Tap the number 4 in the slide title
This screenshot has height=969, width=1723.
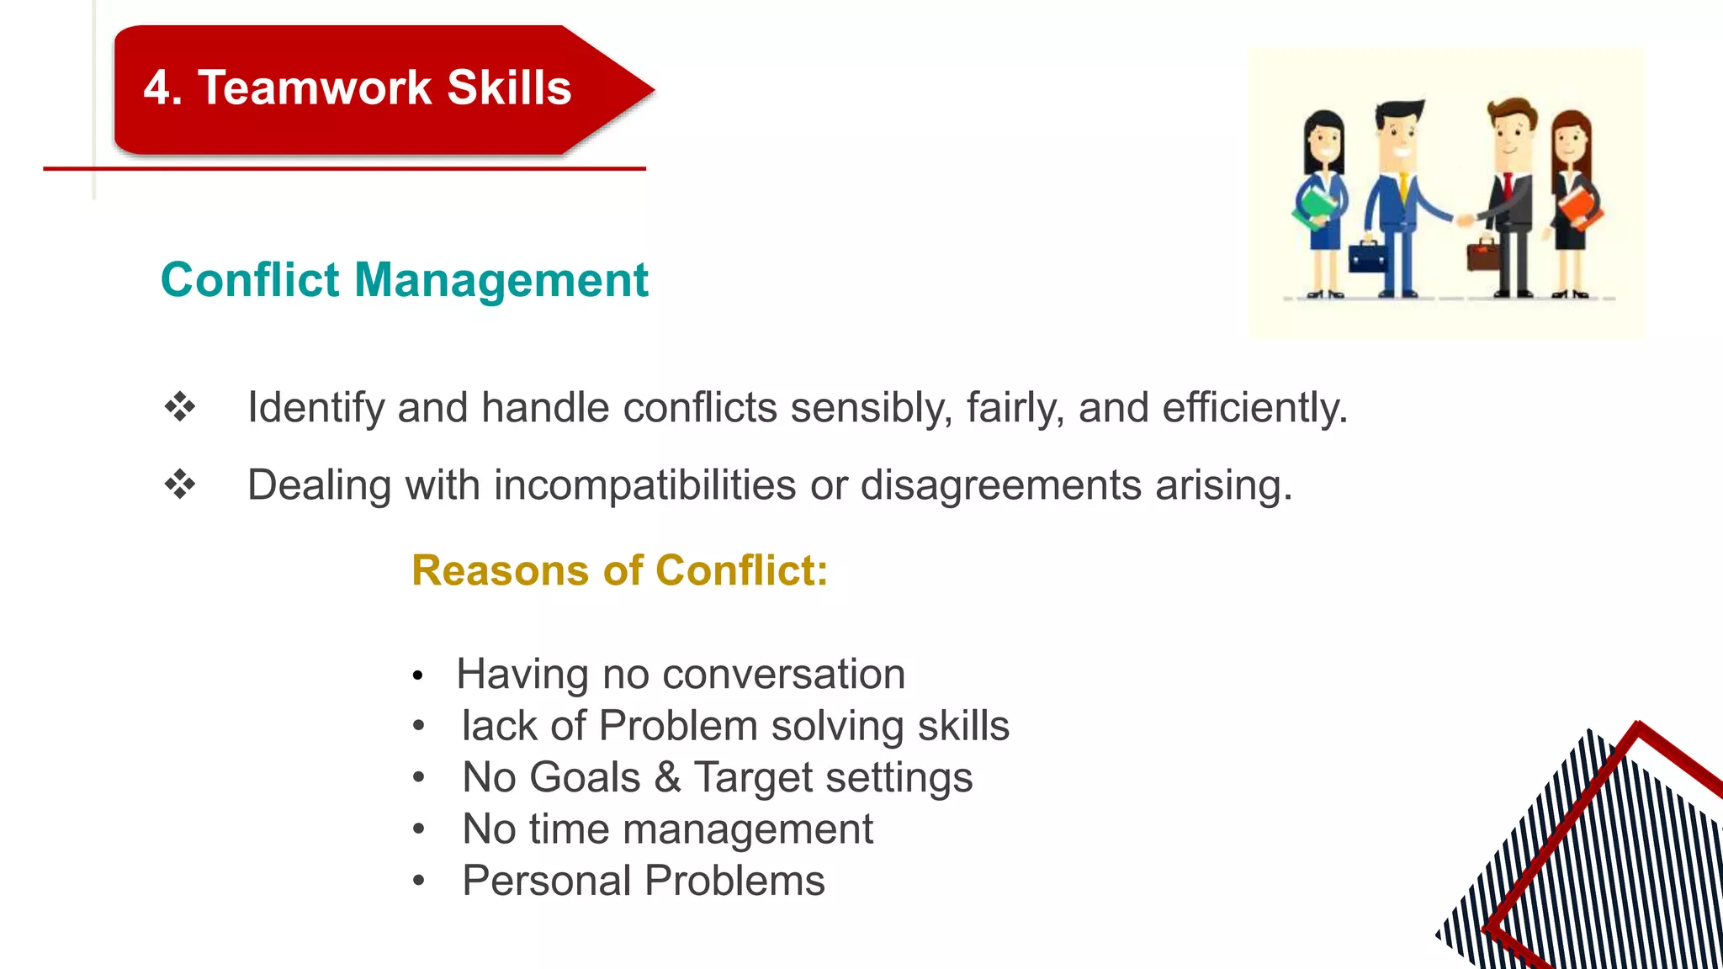(156, 87)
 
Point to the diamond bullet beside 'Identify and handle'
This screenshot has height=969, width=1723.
(180, 407)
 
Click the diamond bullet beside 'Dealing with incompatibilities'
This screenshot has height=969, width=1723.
(180, 484)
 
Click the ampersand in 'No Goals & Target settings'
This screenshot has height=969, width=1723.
(667, 776)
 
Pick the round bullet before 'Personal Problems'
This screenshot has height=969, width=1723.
(419, 881)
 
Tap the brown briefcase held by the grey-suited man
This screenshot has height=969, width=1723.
(1483, 255)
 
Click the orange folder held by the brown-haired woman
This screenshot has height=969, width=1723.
(1579, 205)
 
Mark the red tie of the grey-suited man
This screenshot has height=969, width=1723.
(1508, 184)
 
